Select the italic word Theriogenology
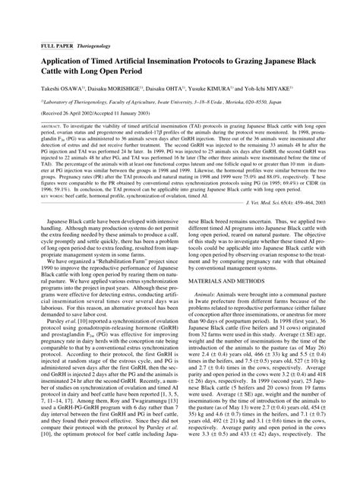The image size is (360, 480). tap(90, 46)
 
